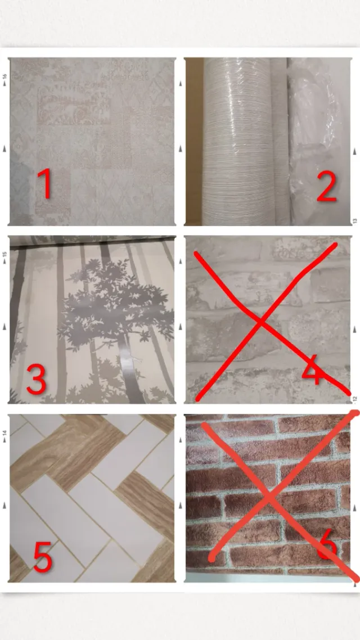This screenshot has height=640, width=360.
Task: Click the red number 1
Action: [46, 184]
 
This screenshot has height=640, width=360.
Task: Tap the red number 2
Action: [327, 187]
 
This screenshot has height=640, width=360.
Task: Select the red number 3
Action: [37, 380]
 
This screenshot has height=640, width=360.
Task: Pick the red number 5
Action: [42, 556]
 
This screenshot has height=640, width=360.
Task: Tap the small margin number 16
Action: [5, 78]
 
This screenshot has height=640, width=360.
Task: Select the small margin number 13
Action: [355, 221]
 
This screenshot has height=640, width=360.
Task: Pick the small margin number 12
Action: [355, 398]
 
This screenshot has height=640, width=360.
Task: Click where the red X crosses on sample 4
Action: [261, 322]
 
